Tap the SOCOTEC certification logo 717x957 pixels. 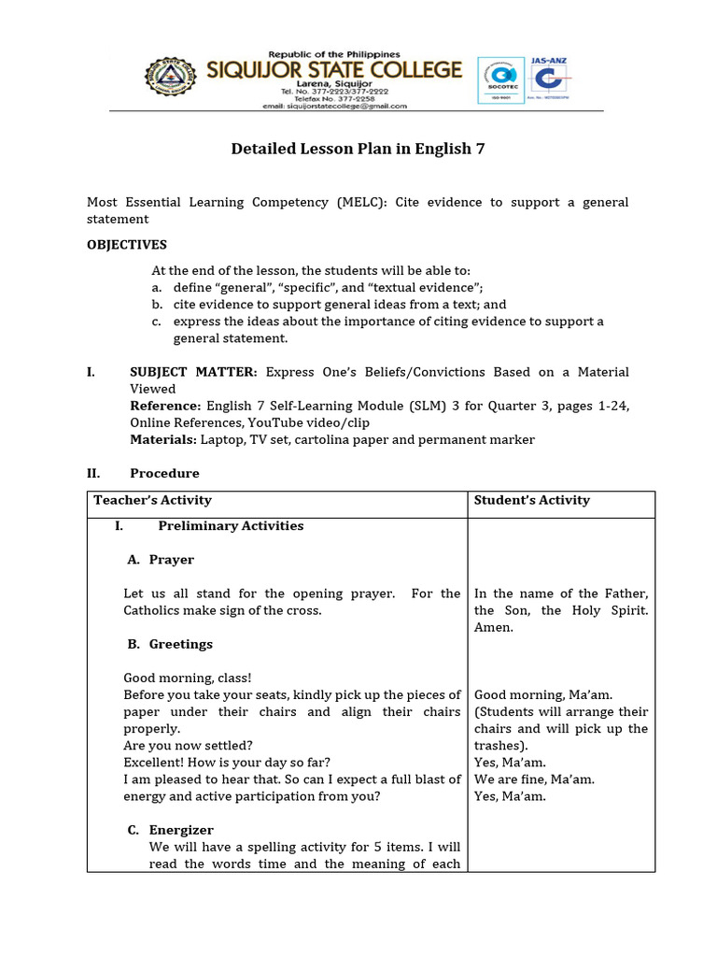coord(499,82)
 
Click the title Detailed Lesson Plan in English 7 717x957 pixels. coord(358,150)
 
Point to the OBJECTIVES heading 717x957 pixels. coord(127,245)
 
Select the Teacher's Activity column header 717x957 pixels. coord(152,500)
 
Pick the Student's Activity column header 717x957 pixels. coord(532,500)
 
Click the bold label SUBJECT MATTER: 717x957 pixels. coord(193,372)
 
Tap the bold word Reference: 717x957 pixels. coord(165,406)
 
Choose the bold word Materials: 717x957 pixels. coord(163,439)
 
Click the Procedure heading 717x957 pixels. coord(164,473)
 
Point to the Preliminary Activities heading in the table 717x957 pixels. coord(231,525)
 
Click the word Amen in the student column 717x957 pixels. coord(494,627)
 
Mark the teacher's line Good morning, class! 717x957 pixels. coord(188,678)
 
